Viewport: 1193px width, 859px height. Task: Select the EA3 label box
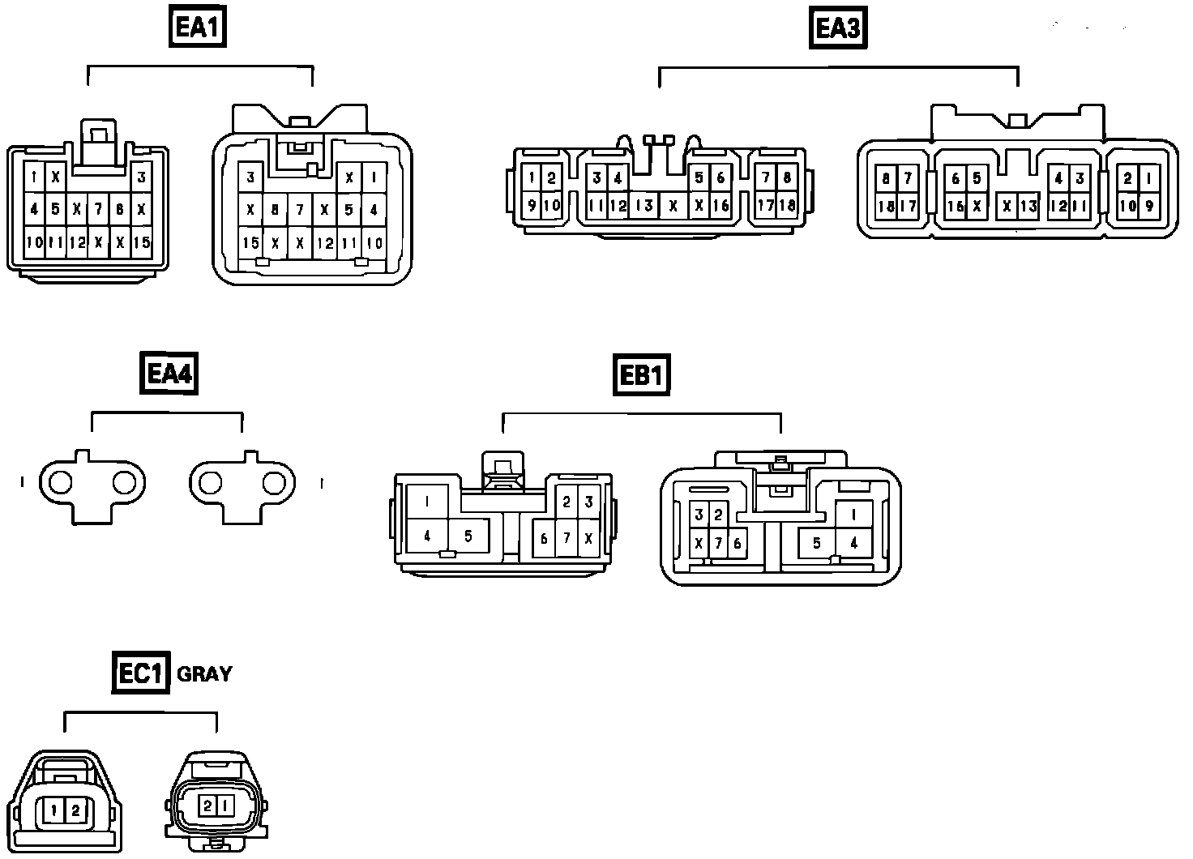(838, 28)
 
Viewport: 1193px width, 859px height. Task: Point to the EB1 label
(641, 375)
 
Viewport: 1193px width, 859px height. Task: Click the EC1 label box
(140, 673)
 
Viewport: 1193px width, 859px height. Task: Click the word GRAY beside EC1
(204, 673)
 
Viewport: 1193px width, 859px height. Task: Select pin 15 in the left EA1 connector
(142, 241)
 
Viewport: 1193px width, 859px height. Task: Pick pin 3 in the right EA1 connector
(250, 177)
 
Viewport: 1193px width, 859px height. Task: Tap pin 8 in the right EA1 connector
(275, 210)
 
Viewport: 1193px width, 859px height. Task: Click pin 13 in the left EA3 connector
(644, 205)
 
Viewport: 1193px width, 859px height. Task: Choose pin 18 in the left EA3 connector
(786, 205)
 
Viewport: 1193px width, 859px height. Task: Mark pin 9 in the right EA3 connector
(1148, 206)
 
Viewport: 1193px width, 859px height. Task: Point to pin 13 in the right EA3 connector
(1028, 206)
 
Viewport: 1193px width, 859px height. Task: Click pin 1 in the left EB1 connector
(426, 502)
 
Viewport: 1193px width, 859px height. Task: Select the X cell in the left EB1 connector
(589, 538)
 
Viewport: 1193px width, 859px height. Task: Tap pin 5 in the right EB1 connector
(817, 543)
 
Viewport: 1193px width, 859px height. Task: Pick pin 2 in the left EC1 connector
(75, 809)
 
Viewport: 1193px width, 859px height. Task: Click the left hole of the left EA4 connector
(61, 483)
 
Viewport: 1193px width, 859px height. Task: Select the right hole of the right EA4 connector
(274, 483)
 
